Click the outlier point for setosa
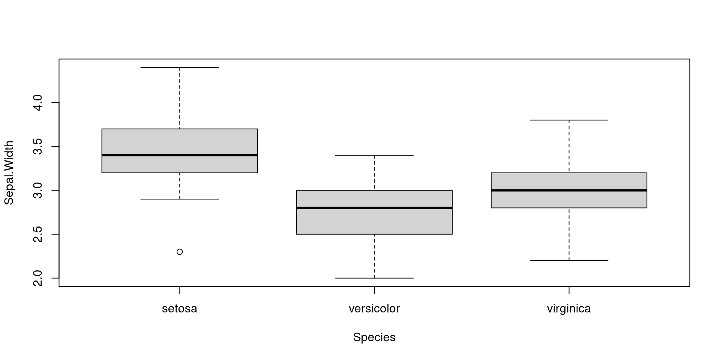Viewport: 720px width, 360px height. point(180,252)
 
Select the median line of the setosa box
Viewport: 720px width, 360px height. point(180,155)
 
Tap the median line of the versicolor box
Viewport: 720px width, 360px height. point(374,208)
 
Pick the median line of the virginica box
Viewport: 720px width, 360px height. point(569,190)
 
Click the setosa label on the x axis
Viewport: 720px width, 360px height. point(180,309)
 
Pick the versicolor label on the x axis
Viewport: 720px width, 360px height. point(374,309)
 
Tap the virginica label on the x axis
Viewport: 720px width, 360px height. point(569,309)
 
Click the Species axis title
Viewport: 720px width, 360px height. point(374,337)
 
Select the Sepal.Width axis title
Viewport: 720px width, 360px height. point(9,173)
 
